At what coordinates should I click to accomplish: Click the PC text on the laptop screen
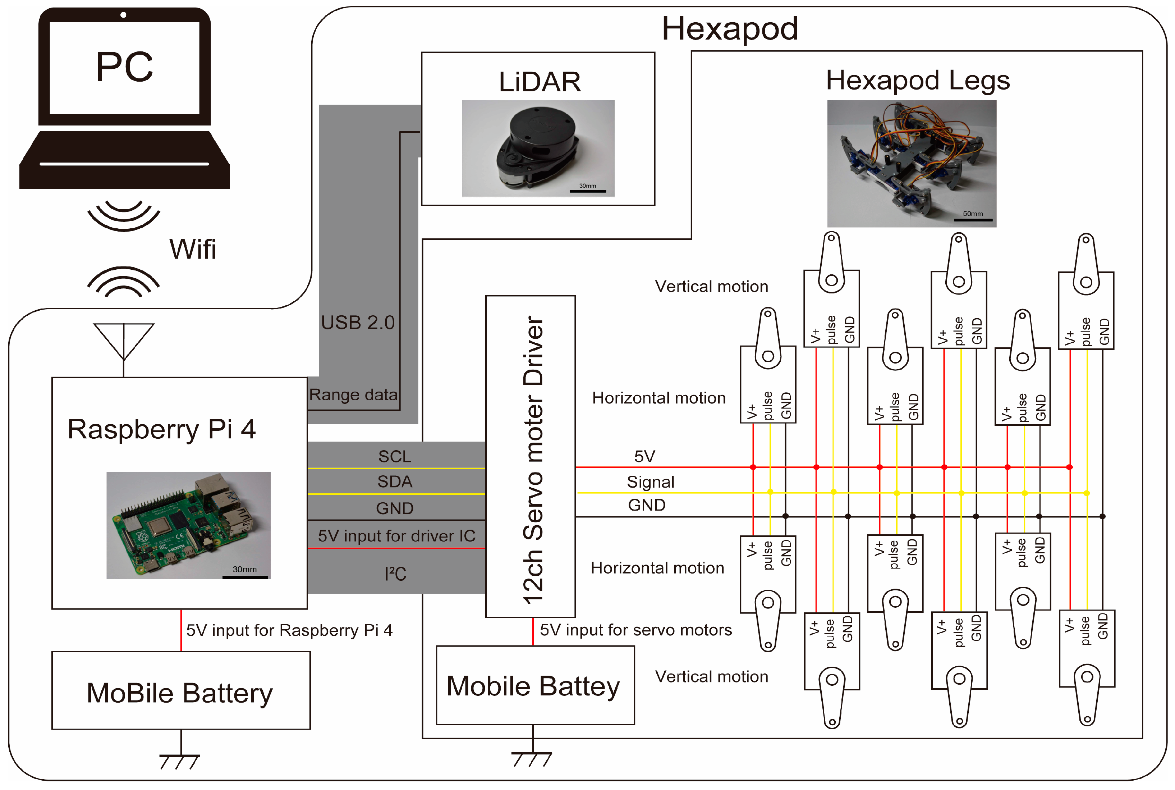click(x=124, y=67)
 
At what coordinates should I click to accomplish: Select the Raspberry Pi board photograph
click(x=188, y=525)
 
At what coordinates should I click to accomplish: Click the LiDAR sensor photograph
click(x=538, y=148)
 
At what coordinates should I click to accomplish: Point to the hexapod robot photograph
click(x=911, y=163)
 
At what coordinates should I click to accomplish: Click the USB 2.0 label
click(x=358, y=323)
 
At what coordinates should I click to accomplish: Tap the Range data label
click(x=353, y=394)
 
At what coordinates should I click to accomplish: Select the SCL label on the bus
click(x=395, y=456)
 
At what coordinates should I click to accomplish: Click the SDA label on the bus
click(x=395, y=481)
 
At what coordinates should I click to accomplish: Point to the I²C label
click(x=395, y=574)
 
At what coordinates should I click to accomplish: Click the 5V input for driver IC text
click(x=396, y=535)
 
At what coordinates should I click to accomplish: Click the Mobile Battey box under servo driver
click(x=535, y=685)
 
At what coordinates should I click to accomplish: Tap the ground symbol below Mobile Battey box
click(x=532, y=758)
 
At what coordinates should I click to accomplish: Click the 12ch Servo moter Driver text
click(x=532, y=458)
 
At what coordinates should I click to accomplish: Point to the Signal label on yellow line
click(x=650, y=482)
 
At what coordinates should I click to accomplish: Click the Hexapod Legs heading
click(x=918, y=80)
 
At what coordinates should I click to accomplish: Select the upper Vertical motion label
click(x=711, y=286)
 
